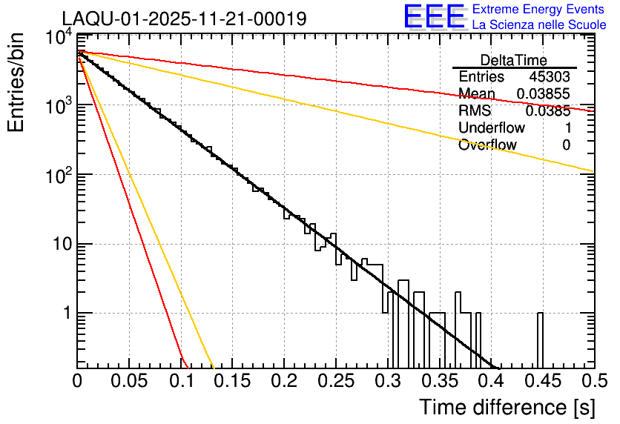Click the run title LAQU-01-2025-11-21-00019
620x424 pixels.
[184, 19]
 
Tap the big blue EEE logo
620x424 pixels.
[434, 18]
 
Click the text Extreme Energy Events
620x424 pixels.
[539, 10]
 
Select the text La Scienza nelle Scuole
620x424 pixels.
[539, 25]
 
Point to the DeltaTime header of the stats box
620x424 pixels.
[513, 60]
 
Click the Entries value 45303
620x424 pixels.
[550, 77]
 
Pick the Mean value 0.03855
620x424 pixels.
[543, 94]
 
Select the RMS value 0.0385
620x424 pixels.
[547, 111]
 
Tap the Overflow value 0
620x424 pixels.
[566, 145]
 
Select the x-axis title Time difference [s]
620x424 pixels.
[506, 407]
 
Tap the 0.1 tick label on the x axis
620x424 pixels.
[181, 381]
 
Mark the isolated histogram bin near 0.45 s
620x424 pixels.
[540, 339]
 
